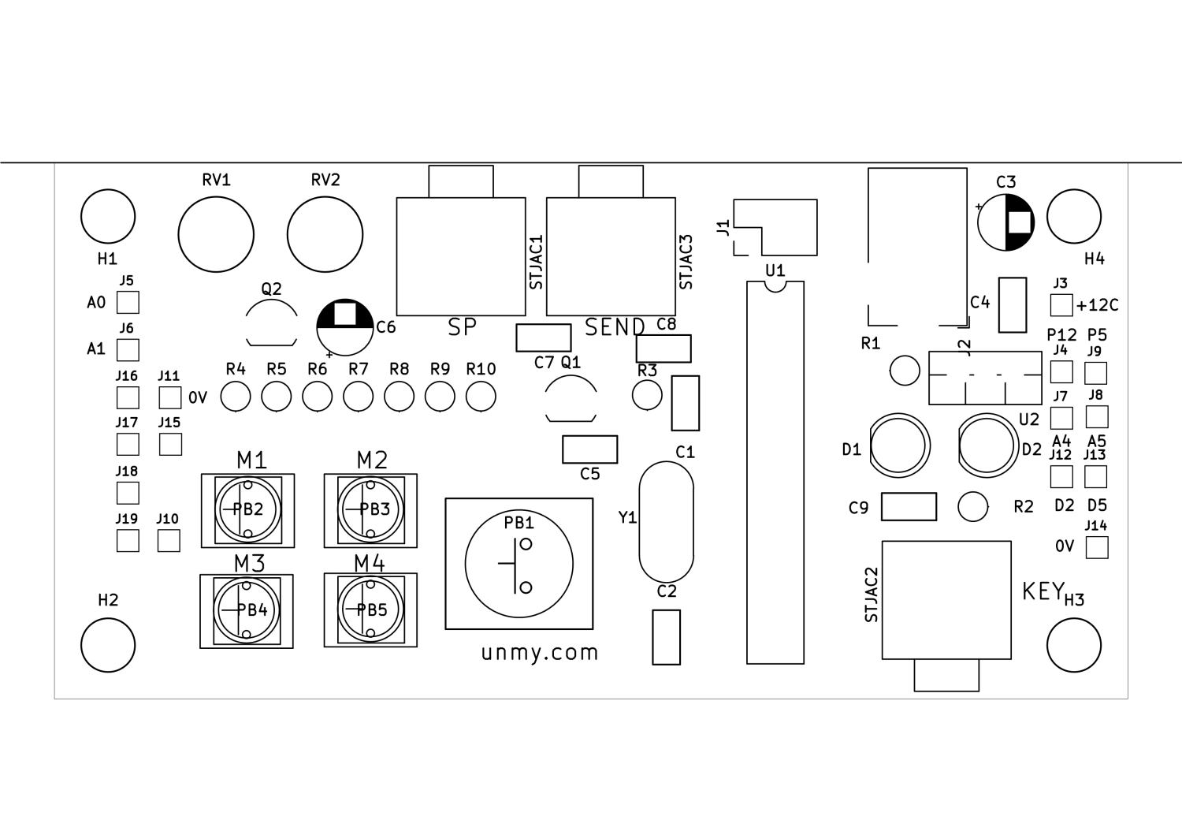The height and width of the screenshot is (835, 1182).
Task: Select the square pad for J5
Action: (x=128, y=303)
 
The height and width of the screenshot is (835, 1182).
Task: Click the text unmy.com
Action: (x=540, y=654)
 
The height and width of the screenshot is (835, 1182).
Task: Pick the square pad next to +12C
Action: (x=1061, y=304)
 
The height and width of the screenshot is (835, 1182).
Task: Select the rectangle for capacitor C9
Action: (x=909, y=506)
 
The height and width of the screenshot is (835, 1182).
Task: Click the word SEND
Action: (x=615, y=327)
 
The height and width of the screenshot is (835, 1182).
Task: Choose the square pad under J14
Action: (x=1097, y=548)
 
